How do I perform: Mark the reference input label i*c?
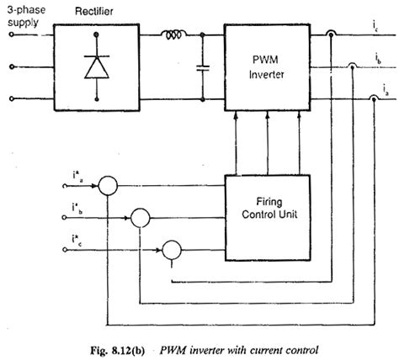point(78,244)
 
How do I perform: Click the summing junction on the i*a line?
point(108,185)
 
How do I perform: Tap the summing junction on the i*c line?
point(173,249)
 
